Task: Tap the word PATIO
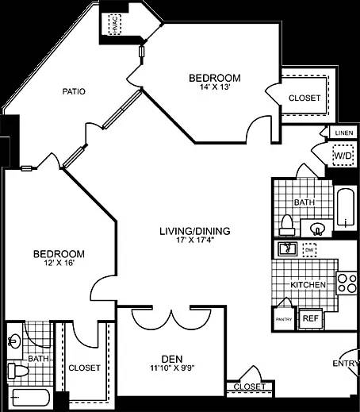point(74,91)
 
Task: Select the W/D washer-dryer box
point(342,156)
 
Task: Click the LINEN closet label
point(343,133)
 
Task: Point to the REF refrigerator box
point(311,318)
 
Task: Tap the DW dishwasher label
point(309,249)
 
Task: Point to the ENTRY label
point(346,364)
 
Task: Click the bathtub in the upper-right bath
point(346,208)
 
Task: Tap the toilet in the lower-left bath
point(14,370)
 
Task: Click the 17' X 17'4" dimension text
point(194,242)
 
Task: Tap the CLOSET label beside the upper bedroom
point(304,98)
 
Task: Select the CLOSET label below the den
point(249,387)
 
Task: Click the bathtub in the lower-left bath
point(28,397)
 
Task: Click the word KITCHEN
point(308,284)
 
